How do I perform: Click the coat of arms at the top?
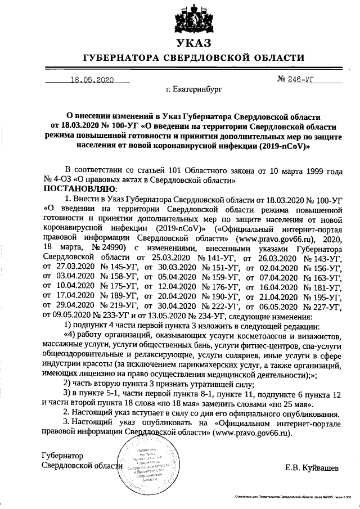193,20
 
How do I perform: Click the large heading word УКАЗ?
193,43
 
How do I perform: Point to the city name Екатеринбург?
194,89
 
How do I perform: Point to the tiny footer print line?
292,497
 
